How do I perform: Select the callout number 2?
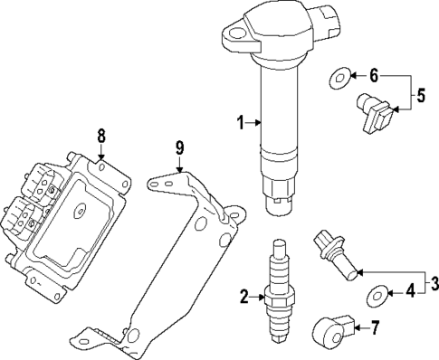tap(243, 296)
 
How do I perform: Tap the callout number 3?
tap(434, 284)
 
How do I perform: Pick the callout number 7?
tap(376, 327)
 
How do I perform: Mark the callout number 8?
tap(101, 136)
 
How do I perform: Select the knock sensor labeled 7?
tap(333, 329)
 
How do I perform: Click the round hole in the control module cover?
tap(80, 214)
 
